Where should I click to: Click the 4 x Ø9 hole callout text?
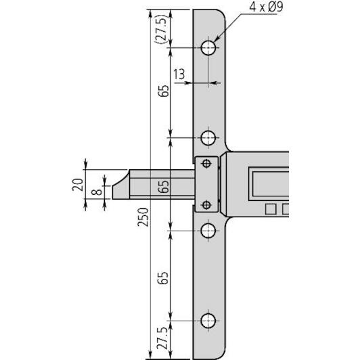266,7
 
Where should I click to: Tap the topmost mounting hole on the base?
208,48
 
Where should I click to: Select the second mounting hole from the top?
208,138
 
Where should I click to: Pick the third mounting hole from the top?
208,231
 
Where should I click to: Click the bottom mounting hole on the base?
208,321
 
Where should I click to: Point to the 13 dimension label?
179,74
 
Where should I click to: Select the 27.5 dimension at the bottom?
163,339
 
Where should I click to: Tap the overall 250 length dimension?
143,217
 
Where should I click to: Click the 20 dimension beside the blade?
78,184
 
